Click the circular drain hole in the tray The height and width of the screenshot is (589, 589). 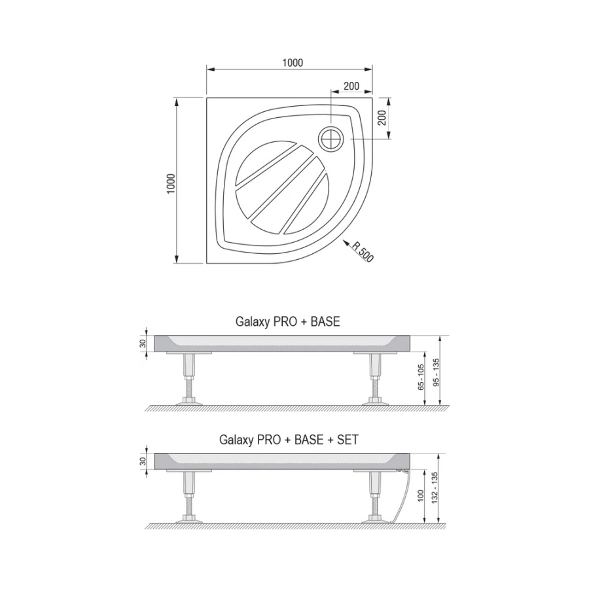331,139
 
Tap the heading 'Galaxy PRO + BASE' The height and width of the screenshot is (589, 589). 287,321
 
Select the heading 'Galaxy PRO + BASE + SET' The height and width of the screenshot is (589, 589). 289,439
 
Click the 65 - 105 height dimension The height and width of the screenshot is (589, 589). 421,377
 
